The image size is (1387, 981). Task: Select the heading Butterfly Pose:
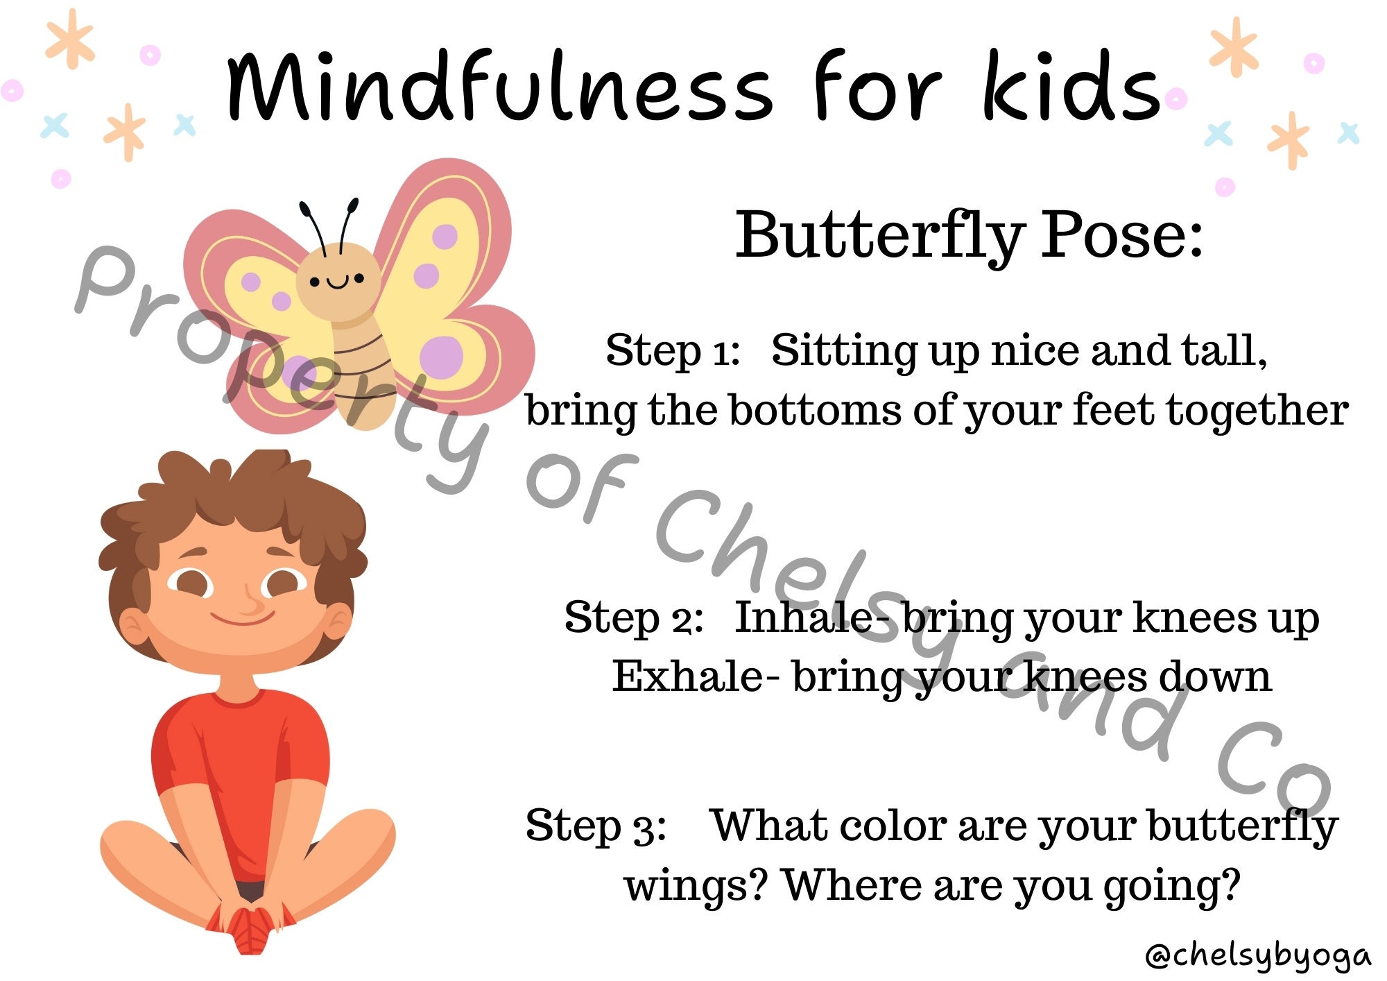click(x=969, y=236)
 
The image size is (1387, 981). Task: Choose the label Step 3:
click(x=596, y=826)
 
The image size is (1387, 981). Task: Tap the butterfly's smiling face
click(x=338, y=279)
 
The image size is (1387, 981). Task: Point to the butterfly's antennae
click(x=329, y=222)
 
